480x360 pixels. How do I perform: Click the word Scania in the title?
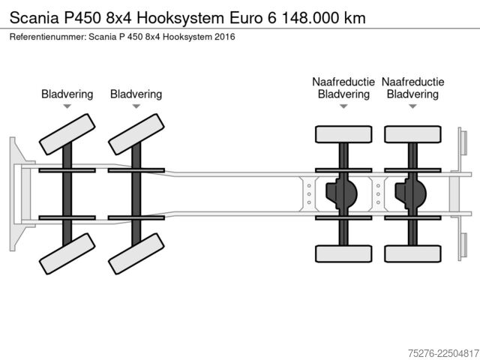click(x=34, y=18)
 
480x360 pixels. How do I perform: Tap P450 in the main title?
click(x=82, y=18)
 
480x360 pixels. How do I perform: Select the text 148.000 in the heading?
click(x=310, y=18)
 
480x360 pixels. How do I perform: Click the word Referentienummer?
click(x=47, y=37)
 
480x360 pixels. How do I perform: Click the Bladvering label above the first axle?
click(x=67, y=94)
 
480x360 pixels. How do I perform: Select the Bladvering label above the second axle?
click(x=136, y=94)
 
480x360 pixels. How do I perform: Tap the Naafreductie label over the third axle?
click(x=343, y=82)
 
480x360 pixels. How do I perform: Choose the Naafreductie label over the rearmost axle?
click(x=412, y=82)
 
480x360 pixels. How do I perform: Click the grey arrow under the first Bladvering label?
click(x=67, y=106)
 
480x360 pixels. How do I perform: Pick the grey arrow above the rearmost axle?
click(x=412, y=106)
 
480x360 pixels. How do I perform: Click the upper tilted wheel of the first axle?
click(x=67, y=134)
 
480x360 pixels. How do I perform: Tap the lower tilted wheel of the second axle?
click(x=136, y=253)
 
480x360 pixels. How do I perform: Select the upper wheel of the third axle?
click(x=343, y=134)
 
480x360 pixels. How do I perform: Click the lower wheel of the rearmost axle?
click(x=412, y=253)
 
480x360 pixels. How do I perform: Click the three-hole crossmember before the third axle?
click(x=309, y=194)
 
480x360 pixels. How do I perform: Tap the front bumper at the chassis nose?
click(x=21, y=194)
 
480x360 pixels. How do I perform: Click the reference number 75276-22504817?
click(x=443, y=353)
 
